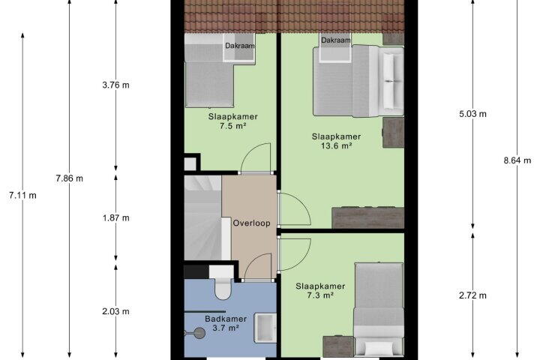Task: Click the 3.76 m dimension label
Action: (x=115, y=85)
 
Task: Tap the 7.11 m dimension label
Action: (x=22, y=195)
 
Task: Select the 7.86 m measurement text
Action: (x=69, y=178)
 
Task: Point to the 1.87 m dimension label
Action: (x=115, y=217)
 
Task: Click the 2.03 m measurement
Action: (x=115, y=311)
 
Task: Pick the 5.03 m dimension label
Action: (x=472, y=114)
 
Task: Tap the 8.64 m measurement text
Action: (x=517, y=160)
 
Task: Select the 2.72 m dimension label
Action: (x=472, y=295)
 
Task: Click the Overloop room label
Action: (x=251, y=223)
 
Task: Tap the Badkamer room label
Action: (x=226, y=319)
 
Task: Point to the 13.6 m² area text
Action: (x=337, y=145)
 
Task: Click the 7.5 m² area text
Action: (x=232, y=126)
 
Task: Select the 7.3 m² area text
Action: (x=320, y=295)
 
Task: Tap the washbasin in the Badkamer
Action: (x=265, y=328)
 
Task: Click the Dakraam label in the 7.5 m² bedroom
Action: (x=240, y=46)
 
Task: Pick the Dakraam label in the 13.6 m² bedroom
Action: (x=336, y=40)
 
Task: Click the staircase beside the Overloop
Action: (x=202, y=217)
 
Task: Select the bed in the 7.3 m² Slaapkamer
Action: (x=379, y=310)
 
